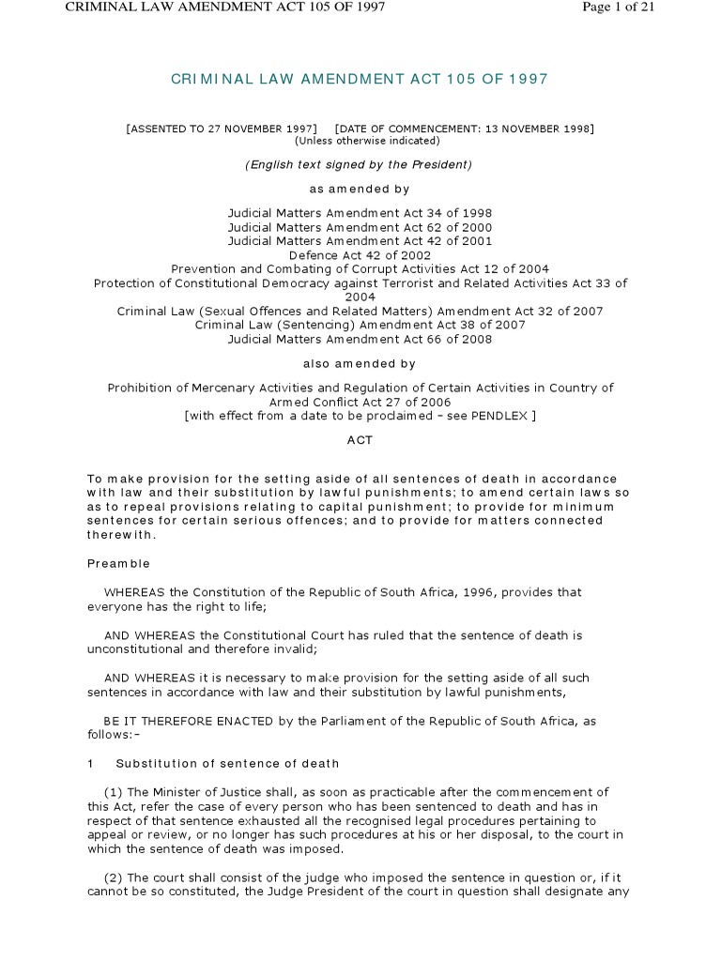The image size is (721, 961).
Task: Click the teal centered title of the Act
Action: click(x=360, y=80)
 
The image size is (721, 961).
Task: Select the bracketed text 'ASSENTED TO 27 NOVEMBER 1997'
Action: click(x=222, y=128)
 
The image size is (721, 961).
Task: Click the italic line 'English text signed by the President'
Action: click(x=360, y=165)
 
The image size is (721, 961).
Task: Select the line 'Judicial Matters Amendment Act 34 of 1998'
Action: click(x=360, y=213)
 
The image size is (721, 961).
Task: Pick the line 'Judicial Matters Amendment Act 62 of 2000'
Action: click(x=360, y=227)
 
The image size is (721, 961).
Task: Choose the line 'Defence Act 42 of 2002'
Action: click(x=360, y=254)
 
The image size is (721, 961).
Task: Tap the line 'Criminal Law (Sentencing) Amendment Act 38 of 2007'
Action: click(x=360, y=325)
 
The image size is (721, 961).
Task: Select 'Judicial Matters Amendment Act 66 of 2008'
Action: click(x=360, y=339)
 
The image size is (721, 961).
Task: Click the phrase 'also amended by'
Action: click(x=360, y=363)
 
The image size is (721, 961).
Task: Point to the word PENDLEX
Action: click(x=502, y=416)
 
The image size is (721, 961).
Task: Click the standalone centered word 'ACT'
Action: click(x=360, y=439)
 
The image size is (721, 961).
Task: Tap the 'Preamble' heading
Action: click(x=118, y=564)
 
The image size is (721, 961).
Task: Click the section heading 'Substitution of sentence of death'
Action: click(x=227, y=763)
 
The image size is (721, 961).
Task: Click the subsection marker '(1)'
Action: click(x=115, y=792)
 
